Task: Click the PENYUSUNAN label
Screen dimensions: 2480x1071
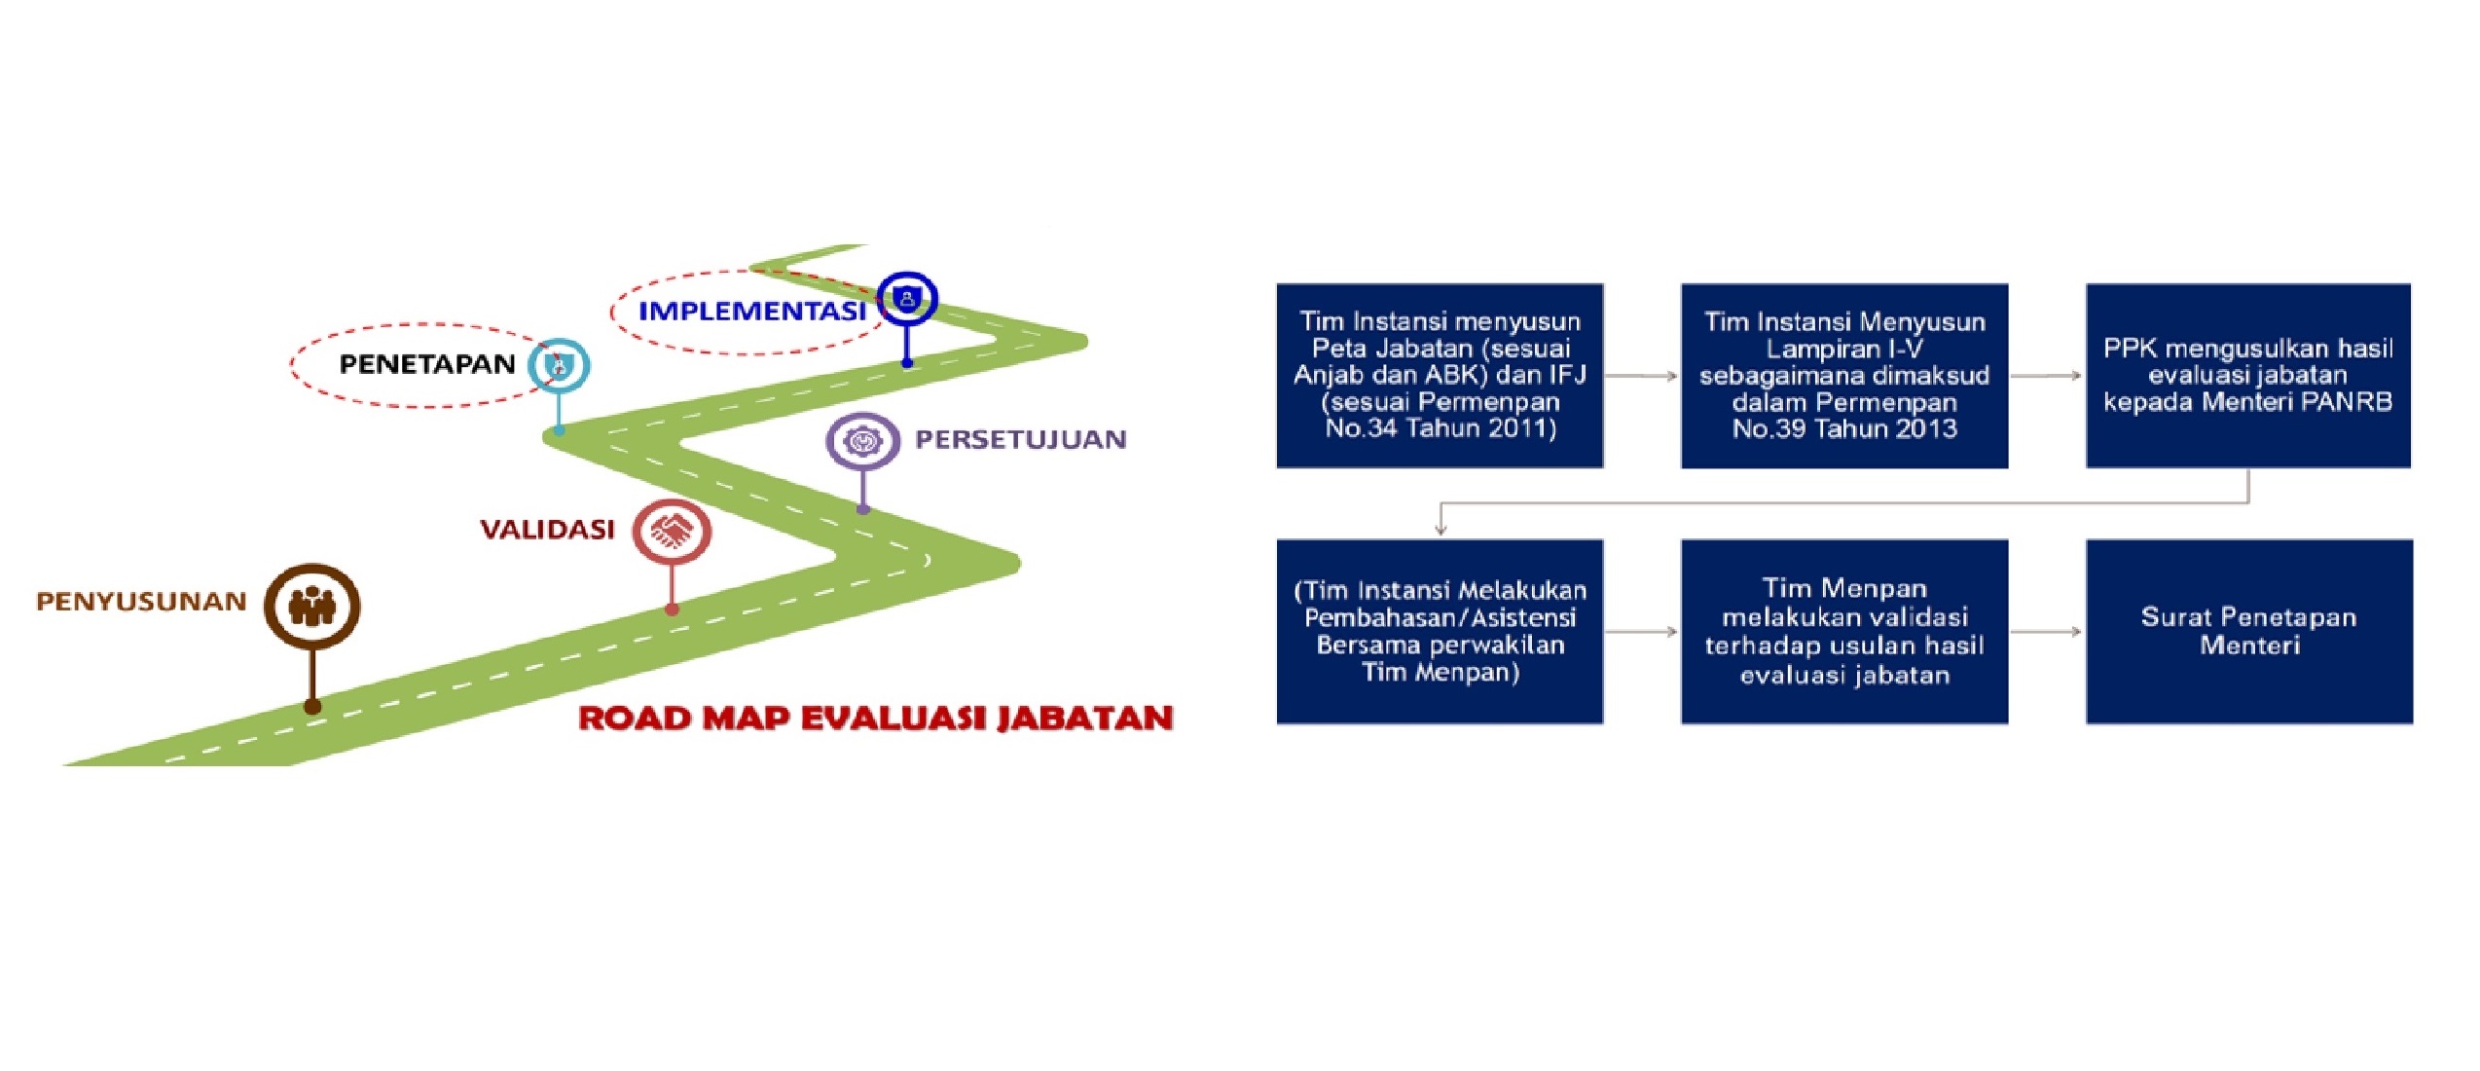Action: (141, 602)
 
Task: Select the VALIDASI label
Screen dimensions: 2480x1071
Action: (547, 530)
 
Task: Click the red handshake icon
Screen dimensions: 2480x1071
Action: (672, 532)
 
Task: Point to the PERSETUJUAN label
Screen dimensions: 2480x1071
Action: (1020, 440)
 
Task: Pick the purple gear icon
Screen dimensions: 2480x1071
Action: (862, 441)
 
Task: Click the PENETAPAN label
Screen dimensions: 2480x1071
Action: (427, 364)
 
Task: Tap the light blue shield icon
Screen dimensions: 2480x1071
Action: (559, 366)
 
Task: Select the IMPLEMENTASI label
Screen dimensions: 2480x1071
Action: (751, 312)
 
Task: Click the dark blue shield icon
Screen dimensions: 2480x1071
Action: (907, 298)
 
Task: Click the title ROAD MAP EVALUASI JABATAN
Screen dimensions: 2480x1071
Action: (876, 719)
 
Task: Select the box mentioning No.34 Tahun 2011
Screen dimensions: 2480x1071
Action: (1440, 376)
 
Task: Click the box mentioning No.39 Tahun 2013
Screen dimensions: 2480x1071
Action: (1844, 376)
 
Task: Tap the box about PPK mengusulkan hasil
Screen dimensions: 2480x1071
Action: (2248, 376)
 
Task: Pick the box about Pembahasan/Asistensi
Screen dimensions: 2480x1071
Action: (1440, 632)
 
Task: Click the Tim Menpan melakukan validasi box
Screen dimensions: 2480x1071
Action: (1844, 632)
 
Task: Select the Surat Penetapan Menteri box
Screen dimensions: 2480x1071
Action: (2249, 632)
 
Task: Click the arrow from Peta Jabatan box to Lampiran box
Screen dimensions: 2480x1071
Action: (1642, 376)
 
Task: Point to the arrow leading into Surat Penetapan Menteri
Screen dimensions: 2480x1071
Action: (2047, 632)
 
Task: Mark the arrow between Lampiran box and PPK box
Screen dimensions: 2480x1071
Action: (2047, 376)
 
